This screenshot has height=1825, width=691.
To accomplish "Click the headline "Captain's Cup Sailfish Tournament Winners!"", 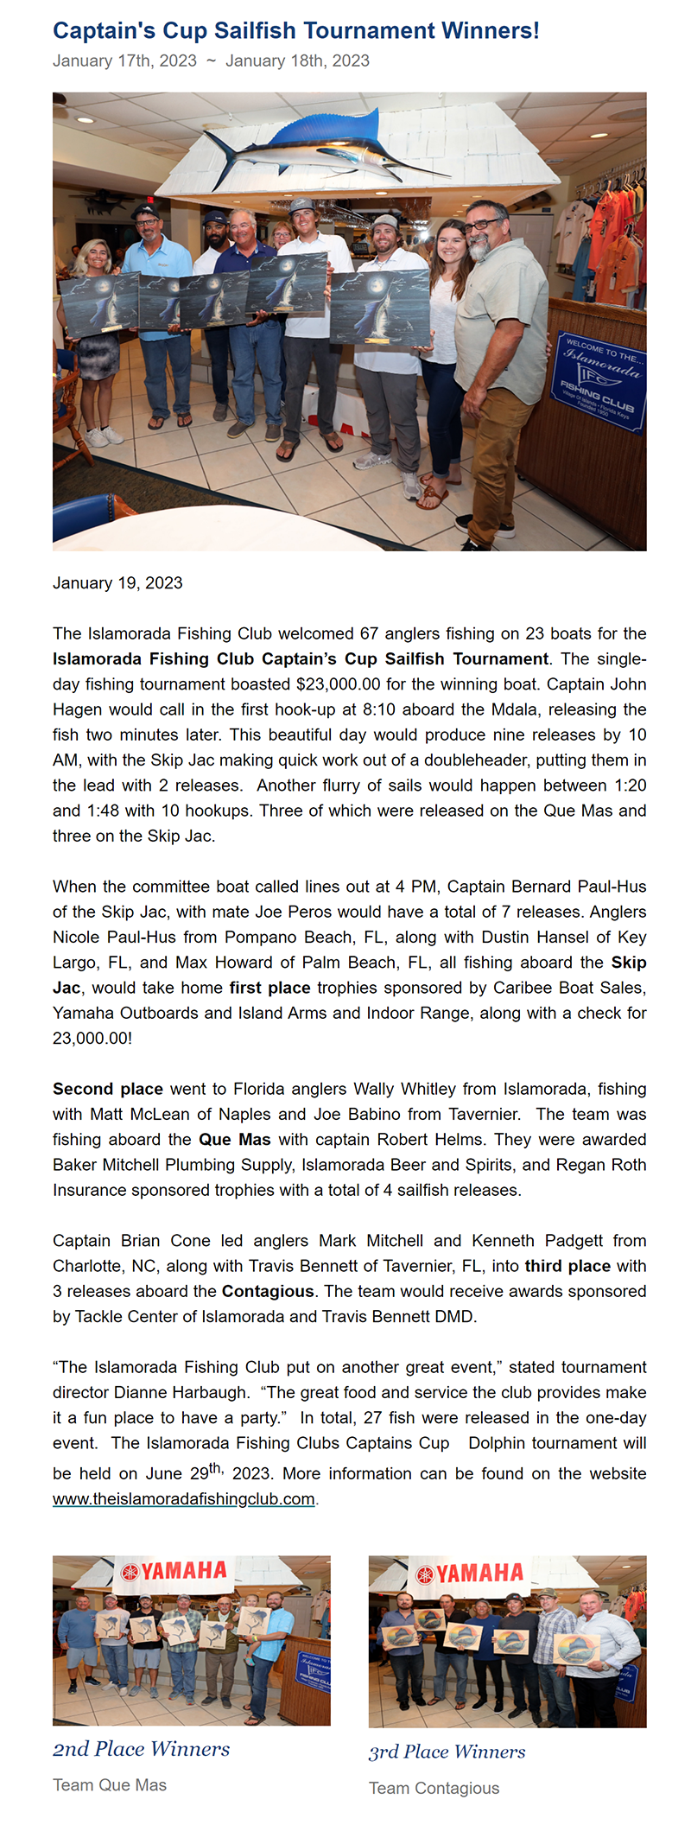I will [x=295, y=31].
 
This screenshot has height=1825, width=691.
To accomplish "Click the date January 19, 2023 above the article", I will [x=117, y=582].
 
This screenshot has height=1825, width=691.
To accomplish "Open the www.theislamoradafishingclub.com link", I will [x=183, y=1498].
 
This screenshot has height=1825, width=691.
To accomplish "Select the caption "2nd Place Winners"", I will [x=141, y=1748].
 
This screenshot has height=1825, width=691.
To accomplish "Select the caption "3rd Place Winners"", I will [x=447, y=1751].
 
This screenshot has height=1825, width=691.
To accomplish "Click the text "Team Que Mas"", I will [x=110, y=1784].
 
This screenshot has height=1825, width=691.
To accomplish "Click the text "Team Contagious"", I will [x=434, y=1788].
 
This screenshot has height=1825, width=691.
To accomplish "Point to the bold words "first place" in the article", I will [x=269, y=987].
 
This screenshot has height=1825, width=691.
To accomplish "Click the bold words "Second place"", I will [x=108, y=1088].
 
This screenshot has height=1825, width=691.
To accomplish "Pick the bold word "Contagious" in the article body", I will [x=268, y=1291].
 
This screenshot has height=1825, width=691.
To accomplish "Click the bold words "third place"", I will [x=567, y=1266].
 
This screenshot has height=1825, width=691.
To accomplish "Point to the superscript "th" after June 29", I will [x=216, y=1468].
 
